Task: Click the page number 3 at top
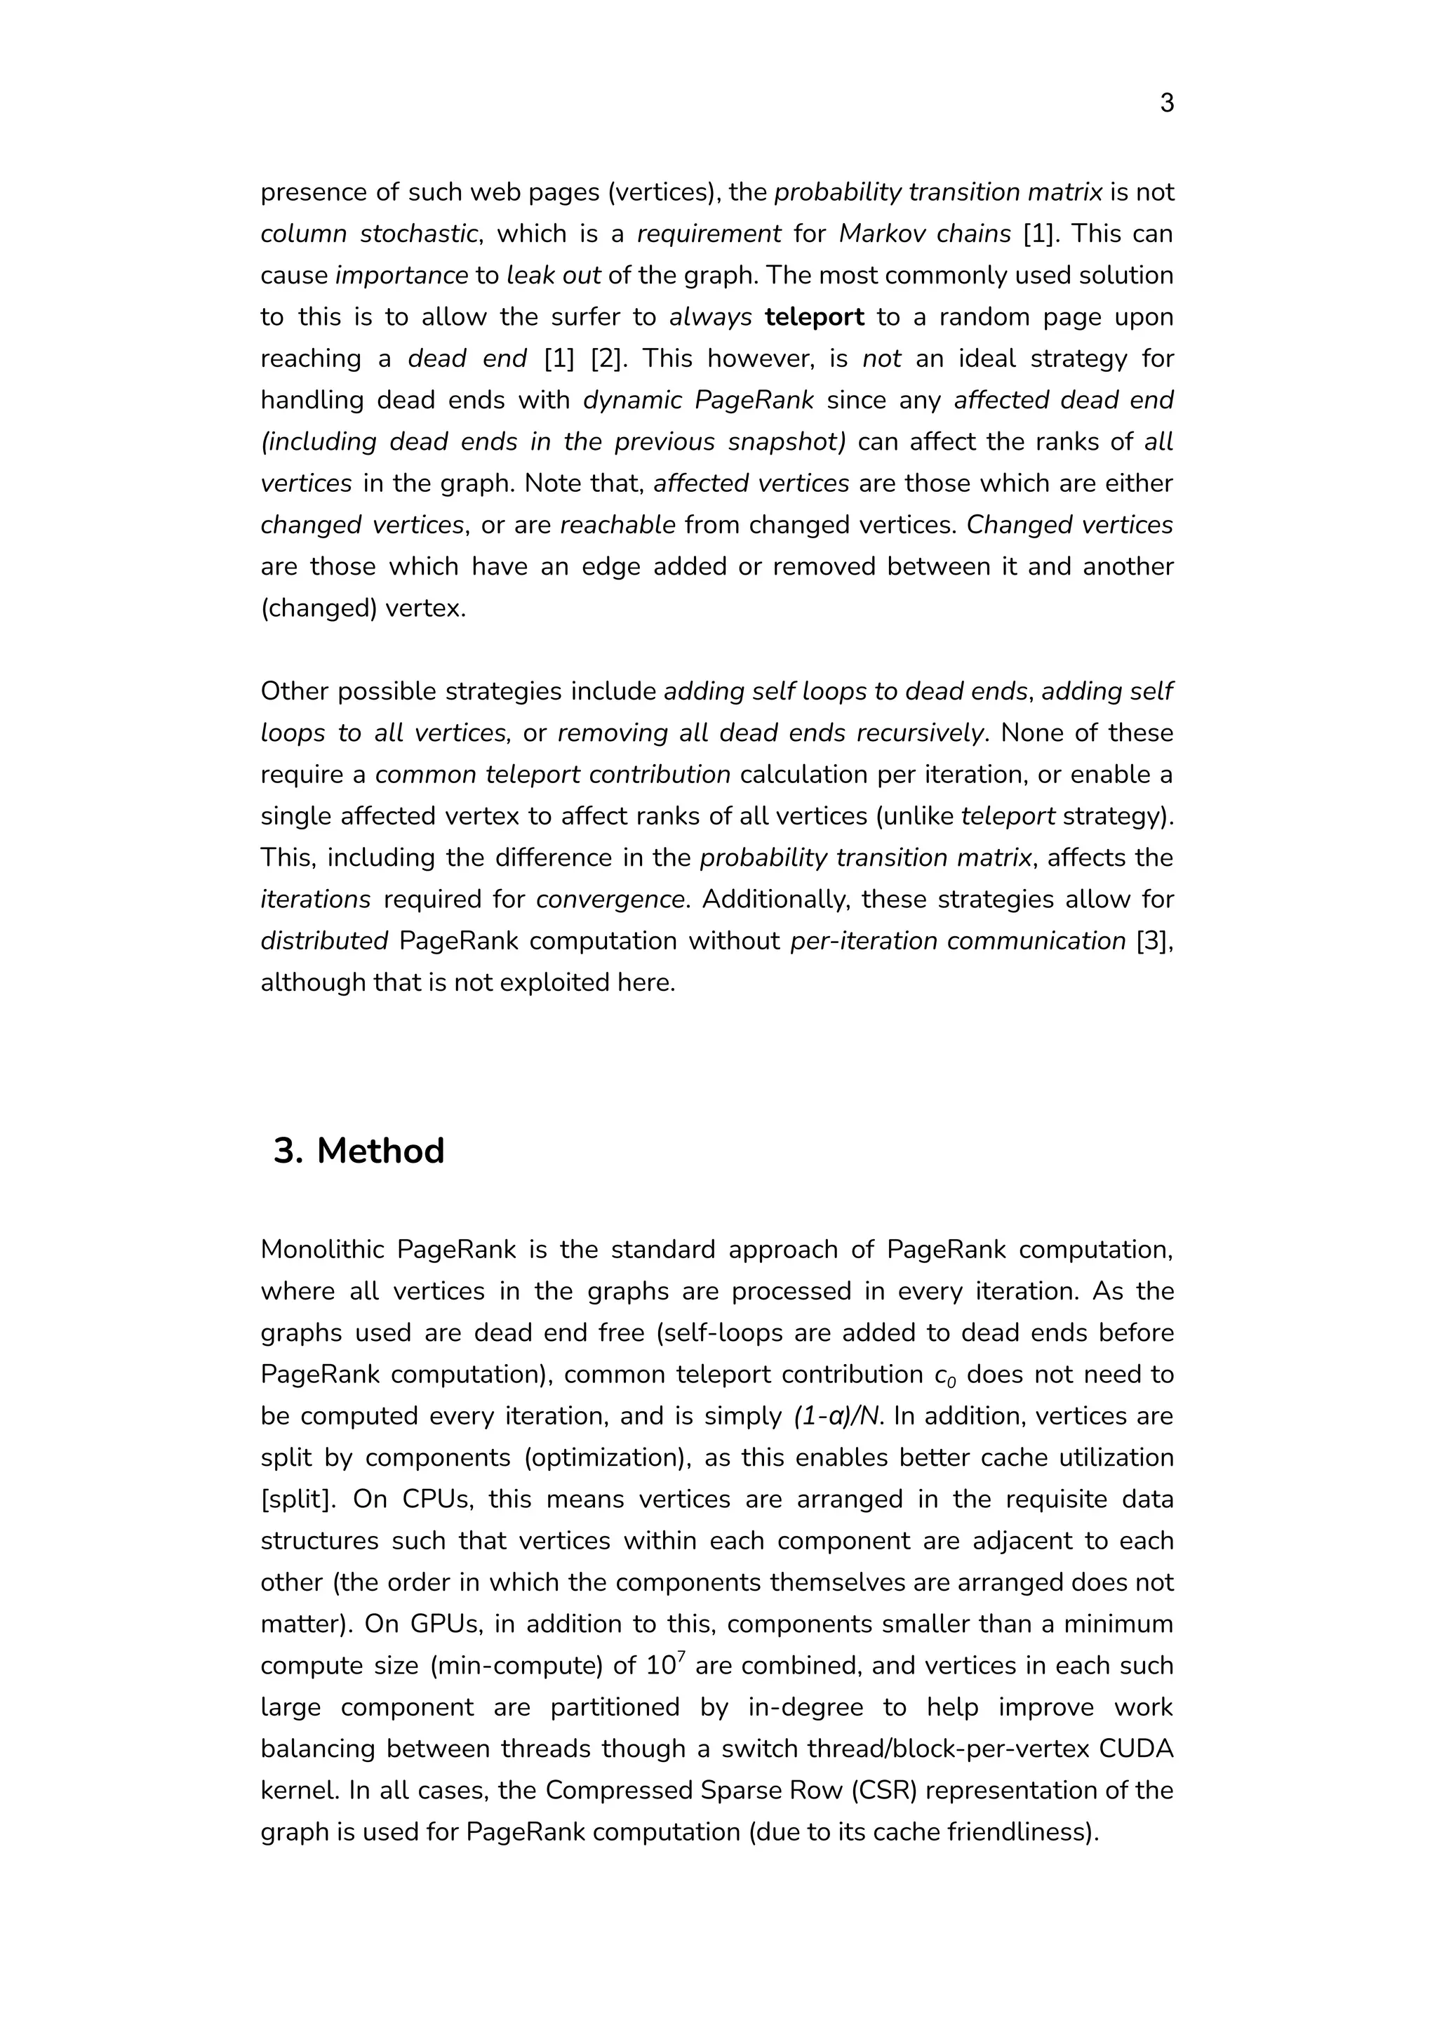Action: click(1166, 104)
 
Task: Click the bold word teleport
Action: click(814, 316)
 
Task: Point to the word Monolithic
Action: click(322, 1250)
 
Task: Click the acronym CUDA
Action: click(1141, 1749)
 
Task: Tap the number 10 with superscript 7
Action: click(665, 1665)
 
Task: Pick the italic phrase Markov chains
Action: click(925, 234)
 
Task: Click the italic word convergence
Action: click(610, 899)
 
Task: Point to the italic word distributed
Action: click(324, 941)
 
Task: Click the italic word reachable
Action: click(617, 525)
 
